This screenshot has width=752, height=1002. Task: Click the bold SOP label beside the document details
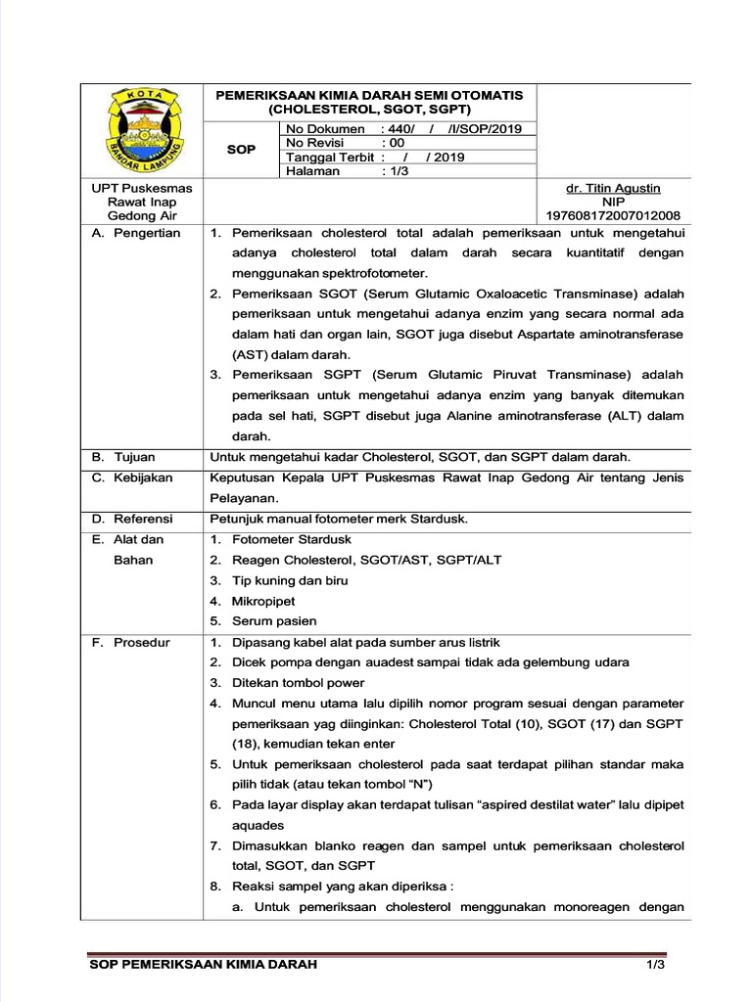tap(241, 150)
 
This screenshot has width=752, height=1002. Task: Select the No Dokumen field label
tap(324, 129)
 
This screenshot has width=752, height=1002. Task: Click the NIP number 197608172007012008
tap(613, 215)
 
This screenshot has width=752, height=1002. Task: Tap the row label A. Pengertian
tap(136, 233)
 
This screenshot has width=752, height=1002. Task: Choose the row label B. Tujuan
tap(124, 457)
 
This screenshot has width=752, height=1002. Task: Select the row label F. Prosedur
tap(131, 642)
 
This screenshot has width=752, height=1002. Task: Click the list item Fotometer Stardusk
tap(291, 539)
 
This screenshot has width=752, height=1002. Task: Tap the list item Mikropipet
tap(263, 601)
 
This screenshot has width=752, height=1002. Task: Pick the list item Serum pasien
tap(274, 621)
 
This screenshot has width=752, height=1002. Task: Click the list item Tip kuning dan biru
tap(290, 580)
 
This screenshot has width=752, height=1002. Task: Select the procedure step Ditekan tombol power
tap(298, 683)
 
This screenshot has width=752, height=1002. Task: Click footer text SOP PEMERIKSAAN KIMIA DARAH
tap(203, 966)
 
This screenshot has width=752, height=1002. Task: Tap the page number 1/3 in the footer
tap(655, 966)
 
